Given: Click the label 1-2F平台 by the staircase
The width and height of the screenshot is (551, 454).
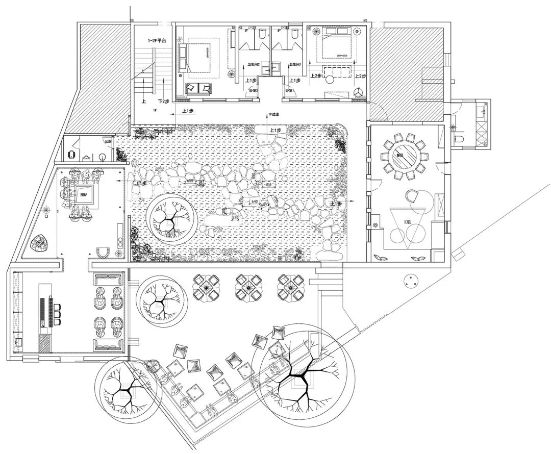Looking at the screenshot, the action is point(156,40).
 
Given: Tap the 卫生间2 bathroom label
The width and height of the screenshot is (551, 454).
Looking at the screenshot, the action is point(254,65).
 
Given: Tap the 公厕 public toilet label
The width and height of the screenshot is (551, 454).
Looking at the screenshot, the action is point(107,141).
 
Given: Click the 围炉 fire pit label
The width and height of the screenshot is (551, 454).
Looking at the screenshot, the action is point(83,194).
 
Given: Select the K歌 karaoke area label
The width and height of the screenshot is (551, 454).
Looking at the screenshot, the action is point(408,222).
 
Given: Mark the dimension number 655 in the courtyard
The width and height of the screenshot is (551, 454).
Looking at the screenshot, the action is point(190,181).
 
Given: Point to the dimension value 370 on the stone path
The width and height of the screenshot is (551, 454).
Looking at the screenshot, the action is point(235,218).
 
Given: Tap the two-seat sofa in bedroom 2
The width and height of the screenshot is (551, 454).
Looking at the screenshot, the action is point(198,88).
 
